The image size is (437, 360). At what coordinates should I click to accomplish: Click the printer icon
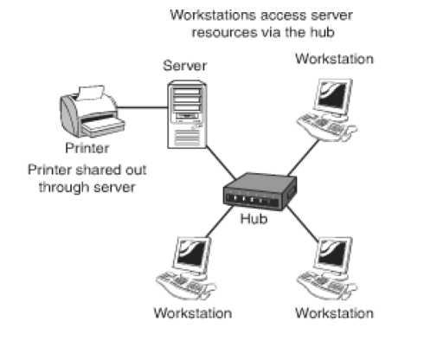(x=92, y=112)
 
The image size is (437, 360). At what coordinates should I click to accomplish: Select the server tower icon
(x=187, y=114)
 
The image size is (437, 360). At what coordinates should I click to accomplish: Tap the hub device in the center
(x=260, y=191)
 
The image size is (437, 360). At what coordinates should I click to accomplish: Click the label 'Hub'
(x=254, y=219)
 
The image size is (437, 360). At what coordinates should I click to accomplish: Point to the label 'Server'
(x=185, y=66)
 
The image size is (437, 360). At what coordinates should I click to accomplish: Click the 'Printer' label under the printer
(x=87, y=148)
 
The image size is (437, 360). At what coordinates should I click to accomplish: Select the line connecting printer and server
(x=143, y=107)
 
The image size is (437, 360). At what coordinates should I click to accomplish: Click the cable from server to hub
(x=221, y=163)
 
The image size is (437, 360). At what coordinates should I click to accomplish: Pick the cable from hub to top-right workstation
(x=304, y=157)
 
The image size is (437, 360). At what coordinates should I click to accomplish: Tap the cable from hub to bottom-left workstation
(x=220, y=222)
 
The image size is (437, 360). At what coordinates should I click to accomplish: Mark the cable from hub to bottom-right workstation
(x=302, y=222)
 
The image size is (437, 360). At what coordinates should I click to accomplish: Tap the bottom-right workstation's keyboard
(x=322, y=283)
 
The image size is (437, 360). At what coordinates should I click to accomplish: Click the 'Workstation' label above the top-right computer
(x=334, y=59)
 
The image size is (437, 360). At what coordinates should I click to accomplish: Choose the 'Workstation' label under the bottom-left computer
(x=193, y=313)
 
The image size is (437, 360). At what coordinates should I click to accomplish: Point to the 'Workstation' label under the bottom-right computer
(x=334, y=313)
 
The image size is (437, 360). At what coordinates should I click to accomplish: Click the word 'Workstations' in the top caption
(x=213, y=15)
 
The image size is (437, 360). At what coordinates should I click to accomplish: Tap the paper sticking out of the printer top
(x=91, y=93)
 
